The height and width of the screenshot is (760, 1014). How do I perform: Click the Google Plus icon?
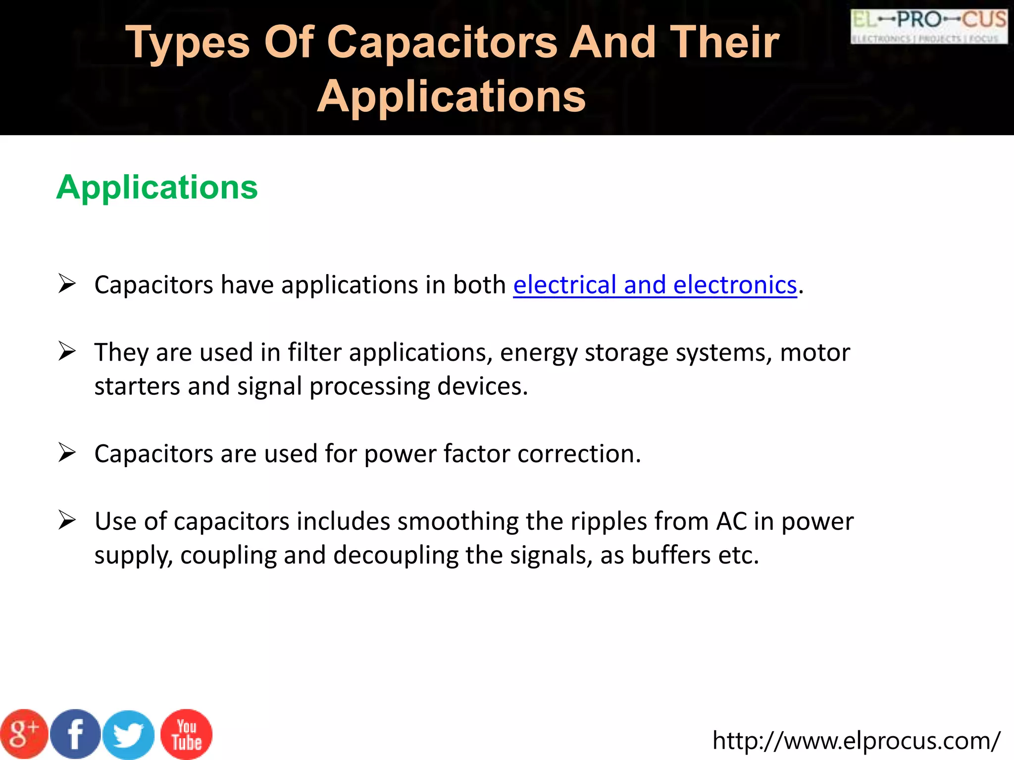24,734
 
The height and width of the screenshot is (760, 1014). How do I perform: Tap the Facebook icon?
76,734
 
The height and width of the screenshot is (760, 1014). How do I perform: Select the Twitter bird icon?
128,735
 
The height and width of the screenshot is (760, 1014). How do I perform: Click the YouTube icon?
187,734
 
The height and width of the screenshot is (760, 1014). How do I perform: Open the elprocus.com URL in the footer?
856,741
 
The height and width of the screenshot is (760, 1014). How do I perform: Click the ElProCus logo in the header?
929,26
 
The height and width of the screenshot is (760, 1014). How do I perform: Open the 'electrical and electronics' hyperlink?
655,285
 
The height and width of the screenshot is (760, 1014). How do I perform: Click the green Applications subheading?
157,188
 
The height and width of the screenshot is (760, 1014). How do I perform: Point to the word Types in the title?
188,44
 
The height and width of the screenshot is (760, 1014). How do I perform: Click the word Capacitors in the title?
442,43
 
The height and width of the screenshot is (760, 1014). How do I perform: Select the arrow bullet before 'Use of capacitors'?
67,520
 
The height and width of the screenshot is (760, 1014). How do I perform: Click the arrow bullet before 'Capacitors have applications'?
67,284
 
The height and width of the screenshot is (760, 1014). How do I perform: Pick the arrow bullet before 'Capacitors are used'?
67,452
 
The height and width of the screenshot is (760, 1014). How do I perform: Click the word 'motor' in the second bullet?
815,353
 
